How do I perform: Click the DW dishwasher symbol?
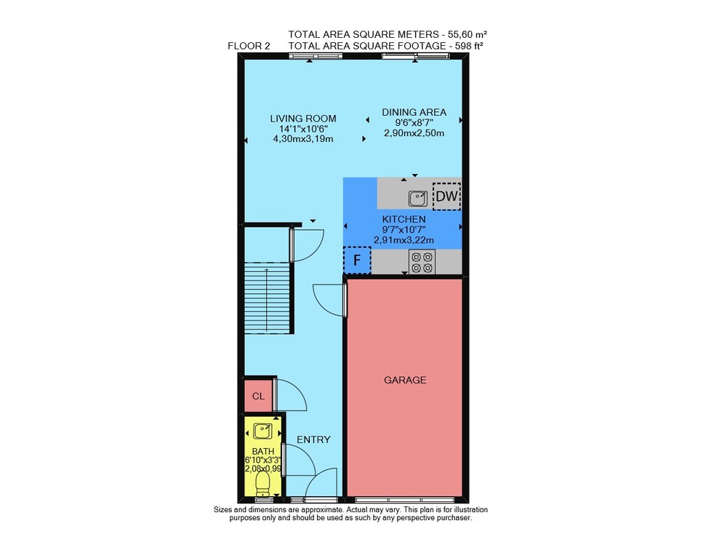coord(446,196)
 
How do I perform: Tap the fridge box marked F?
coord(357,260)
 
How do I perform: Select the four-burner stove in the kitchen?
coord(422,262)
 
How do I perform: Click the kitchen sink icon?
coord(418,199)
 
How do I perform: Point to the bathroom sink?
coord(262,431)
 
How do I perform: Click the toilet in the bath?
coord(262,484)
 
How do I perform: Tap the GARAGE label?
coord(405,380)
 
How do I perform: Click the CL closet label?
coord(258,396)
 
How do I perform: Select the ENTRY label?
coord(313,439)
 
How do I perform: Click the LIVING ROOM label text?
coord(303,119)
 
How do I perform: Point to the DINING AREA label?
coord(414,112)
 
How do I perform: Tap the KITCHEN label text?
coord(403,219)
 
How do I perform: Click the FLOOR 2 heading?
coord(249,46)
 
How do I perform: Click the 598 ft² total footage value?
coord(467,46)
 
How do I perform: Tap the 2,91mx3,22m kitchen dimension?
coord(403,240)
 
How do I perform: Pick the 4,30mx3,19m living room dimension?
coord(303,139)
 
